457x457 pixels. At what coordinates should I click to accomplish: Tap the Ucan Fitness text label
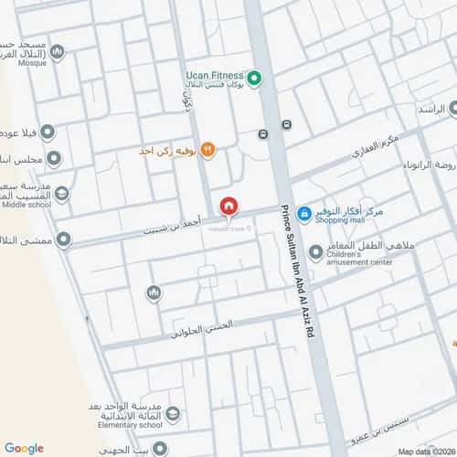tap(214, 74)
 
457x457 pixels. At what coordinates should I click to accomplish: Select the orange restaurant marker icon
tap(207, 148)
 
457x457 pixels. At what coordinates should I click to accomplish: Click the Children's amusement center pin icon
tap(315, 251)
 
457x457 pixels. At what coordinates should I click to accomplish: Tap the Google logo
tap(24, 448)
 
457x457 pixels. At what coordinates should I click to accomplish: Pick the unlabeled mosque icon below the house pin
tap(154, 292)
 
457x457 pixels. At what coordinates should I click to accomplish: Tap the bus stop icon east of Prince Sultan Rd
tap(287, 124)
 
